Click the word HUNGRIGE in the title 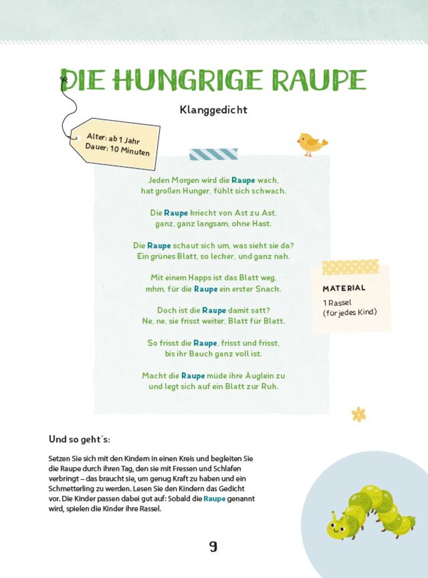187,80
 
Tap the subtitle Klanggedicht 213,110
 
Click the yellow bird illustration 311,143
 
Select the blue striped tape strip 213,154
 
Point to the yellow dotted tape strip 350,267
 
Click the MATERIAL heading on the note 344,288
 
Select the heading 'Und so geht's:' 79,439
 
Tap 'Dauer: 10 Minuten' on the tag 117,150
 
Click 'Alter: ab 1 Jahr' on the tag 113,138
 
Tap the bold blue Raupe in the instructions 214,499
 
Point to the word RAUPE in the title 319,80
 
